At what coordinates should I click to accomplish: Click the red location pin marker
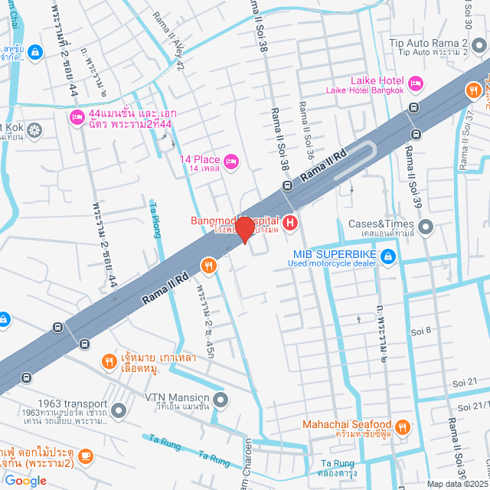[244, 229]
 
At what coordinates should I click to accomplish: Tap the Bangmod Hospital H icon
[290, 224]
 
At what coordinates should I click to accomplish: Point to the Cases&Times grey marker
[426, 226]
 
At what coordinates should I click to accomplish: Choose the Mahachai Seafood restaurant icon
[403, 426]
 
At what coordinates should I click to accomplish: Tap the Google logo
[25, 480]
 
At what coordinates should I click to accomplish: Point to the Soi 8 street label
[423, 331]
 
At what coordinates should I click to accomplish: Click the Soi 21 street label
[465, 382]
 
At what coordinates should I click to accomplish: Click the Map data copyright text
[457, 484]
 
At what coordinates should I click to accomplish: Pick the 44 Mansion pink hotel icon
[77, 117]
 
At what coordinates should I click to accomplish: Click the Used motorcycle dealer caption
[332, 264]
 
